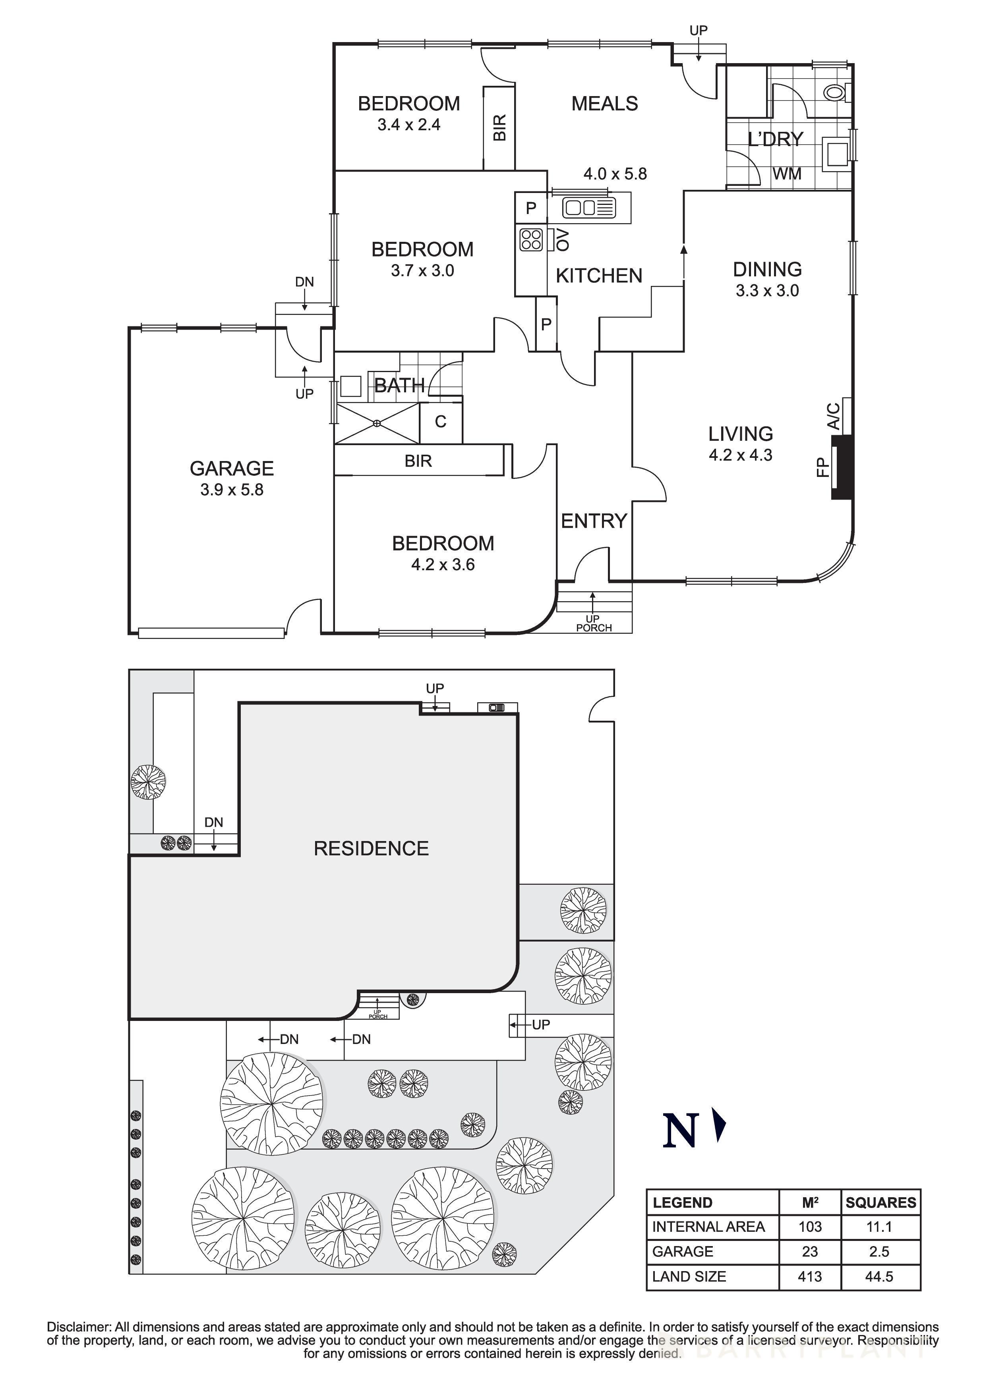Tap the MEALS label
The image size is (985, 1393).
[x=604, y=104]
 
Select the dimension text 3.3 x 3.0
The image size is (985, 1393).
[x=767, y=291]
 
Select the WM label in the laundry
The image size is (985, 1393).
[x=787, y=174]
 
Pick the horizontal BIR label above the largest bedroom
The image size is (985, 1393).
[x=418, y=461]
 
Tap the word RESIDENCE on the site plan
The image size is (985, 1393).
[x=371, y=848]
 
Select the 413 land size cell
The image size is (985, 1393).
[x=810, y=1277]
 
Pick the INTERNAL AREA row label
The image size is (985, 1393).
[x=708, y=1227]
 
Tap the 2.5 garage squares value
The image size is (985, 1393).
[x=879, y=1252]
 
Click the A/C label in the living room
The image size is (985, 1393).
[x=834, y=416]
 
